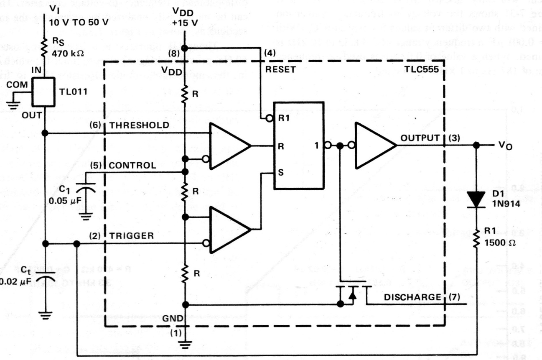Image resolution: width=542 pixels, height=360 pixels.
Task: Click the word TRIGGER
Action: click(x=132, y=236)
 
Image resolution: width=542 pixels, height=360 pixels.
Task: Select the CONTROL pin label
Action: click(x=132, y=166)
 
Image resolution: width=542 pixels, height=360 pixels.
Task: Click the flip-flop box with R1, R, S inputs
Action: click(x=298, y=146)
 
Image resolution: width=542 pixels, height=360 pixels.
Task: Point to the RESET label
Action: click(x=280, y=69)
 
